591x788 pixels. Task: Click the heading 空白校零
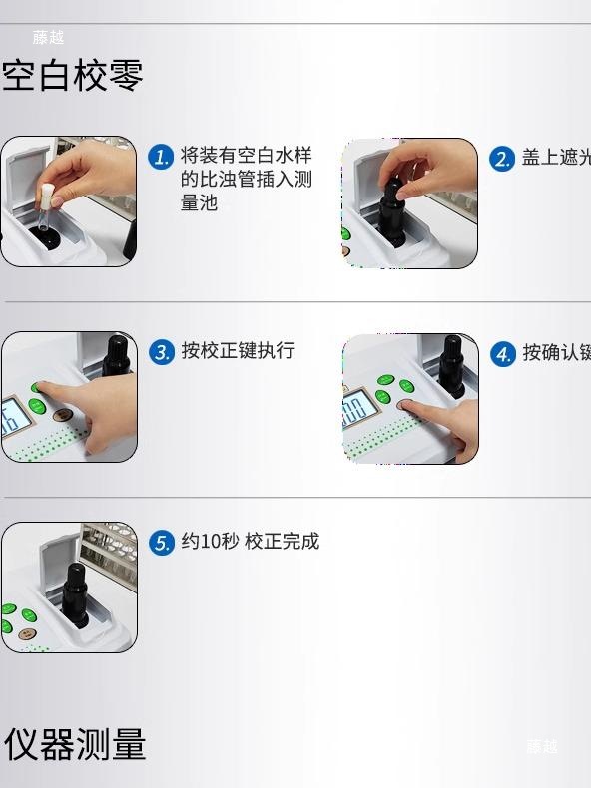(x=73, y=76)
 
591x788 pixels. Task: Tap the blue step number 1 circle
(x=161, y=157)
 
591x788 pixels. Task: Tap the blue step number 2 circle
(x=502, y=159)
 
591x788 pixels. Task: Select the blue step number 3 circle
(x=161, y=352)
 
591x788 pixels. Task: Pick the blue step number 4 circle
(x=503, y=354)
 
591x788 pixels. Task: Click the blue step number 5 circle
(x=161, y=543)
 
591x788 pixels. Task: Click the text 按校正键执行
(x=238, y=351)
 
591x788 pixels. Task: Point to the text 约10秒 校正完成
(x=250, y=542)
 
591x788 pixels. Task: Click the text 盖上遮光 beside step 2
(x=555, y=158)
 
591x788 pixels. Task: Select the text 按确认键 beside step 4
(x=555, y=353)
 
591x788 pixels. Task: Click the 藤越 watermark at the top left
(x=48, y=37)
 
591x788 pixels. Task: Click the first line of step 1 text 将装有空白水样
(x=246, y=156)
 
